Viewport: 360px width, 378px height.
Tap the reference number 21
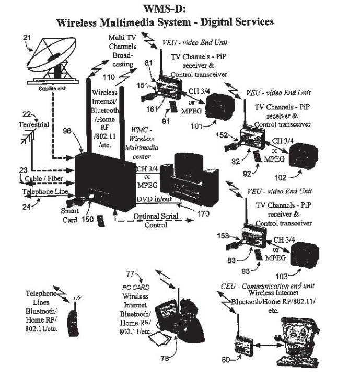[x=28, y=37]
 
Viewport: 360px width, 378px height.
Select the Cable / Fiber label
[x=34, y=178]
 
